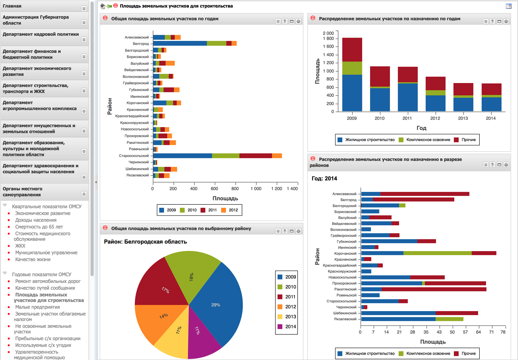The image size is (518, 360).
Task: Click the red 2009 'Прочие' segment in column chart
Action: pyautogui.click(x=352, y=50)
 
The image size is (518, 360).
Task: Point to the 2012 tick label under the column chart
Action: pyautogui.click(x=435, y=118)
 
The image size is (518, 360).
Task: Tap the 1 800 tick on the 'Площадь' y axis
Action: pyautogui.click(x=328, y=39)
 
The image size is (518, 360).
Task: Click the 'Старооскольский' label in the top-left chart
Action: pyautogui.click(x=134, y=156)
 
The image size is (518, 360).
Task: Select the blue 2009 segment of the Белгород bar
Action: pyautogui.click(x=180, y=43)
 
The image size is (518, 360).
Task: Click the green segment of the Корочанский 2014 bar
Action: pyautogui.click(x=437, y=253)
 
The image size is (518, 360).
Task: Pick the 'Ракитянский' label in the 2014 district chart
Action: pyautogui.click(x=345, y=289)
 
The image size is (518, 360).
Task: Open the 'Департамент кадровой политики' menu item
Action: pyautogui.click(x=41, y=34)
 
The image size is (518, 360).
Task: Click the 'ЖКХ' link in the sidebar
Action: pyautogui.click(x=20, y=246)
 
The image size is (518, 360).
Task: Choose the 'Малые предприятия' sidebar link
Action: pyautogui.click(x=37, y=307)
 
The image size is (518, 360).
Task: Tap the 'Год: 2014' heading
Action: pyautogui.click(x=324, y=179)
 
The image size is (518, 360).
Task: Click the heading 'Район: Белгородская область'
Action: pyautogui.click(x=145, y=242)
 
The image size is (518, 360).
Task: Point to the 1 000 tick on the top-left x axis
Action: pyautogui.click(x=256, y=189)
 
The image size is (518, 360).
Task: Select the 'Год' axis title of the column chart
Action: pyautogui.click(x=421, y=128)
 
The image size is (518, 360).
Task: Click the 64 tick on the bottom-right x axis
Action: pyautogui.click(x=478, y=332)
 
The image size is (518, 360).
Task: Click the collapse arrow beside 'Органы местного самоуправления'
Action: pyautogui.click(x=84, y=194)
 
